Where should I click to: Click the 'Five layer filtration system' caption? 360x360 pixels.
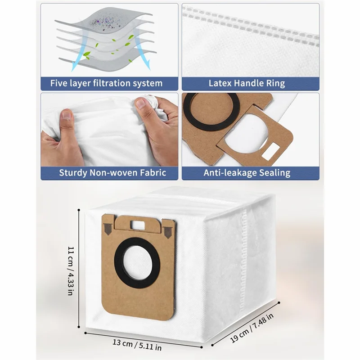tap(106, 83)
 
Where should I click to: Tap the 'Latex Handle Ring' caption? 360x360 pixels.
tap(250, 83)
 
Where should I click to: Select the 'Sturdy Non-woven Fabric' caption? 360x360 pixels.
tap(106, 173)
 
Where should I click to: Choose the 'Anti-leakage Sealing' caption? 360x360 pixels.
tap(250, 173)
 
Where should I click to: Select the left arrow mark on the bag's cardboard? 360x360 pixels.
tap(108, 229)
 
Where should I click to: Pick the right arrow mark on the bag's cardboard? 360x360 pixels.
tap(168, 232)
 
